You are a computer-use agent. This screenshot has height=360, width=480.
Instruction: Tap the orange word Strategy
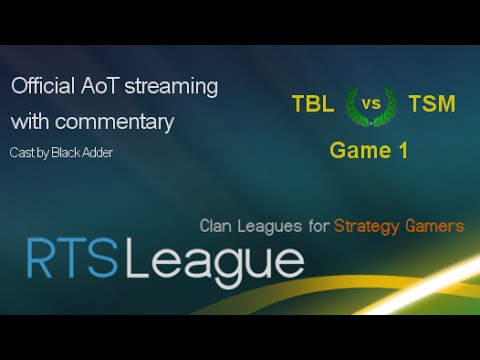click(370, 226)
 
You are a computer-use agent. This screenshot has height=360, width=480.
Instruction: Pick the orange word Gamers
click(437, 226)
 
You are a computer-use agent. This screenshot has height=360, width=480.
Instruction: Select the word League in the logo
click(212, 262)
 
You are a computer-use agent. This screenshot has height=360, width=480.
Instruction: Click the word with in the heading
click(30, 122)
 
